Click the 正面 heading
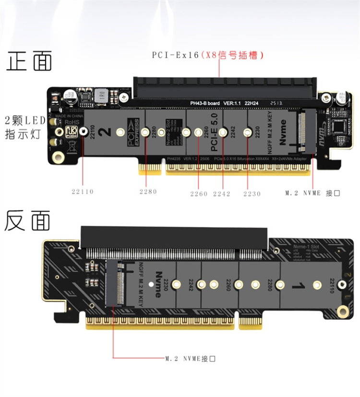(x=29, y=61)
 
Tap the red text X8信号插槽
(x=232, y=55)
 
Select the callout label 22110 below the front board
(x=83, y=192)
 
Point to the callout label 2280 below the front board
(x=148, y=192)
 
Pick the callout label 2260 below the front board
(x=199, y=194)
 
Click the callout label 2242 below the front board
(x=222, y=194)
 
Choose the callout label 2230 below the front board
(x=252, y=194)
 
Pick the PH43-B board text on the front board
(x=204, y=103)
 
